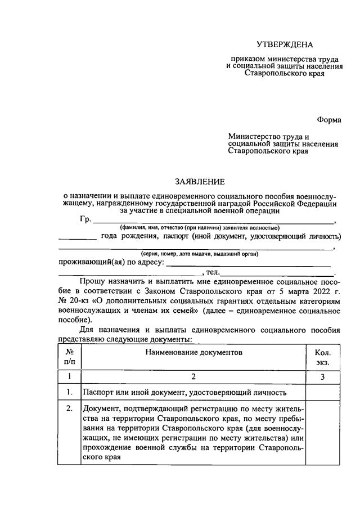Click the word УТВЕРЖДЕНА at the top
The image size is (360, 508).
click(285, 44)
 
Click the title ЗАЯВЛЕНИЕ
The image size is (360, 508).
click(200, 181)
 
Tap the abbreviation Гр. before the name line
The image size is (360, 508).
click(86, 219)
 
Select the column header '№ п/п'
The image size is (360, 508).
click(70, 357)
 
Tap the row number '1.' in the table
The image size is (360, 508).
click(70, 392)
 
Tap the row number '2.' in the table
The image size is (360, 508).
click(70, 408)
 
